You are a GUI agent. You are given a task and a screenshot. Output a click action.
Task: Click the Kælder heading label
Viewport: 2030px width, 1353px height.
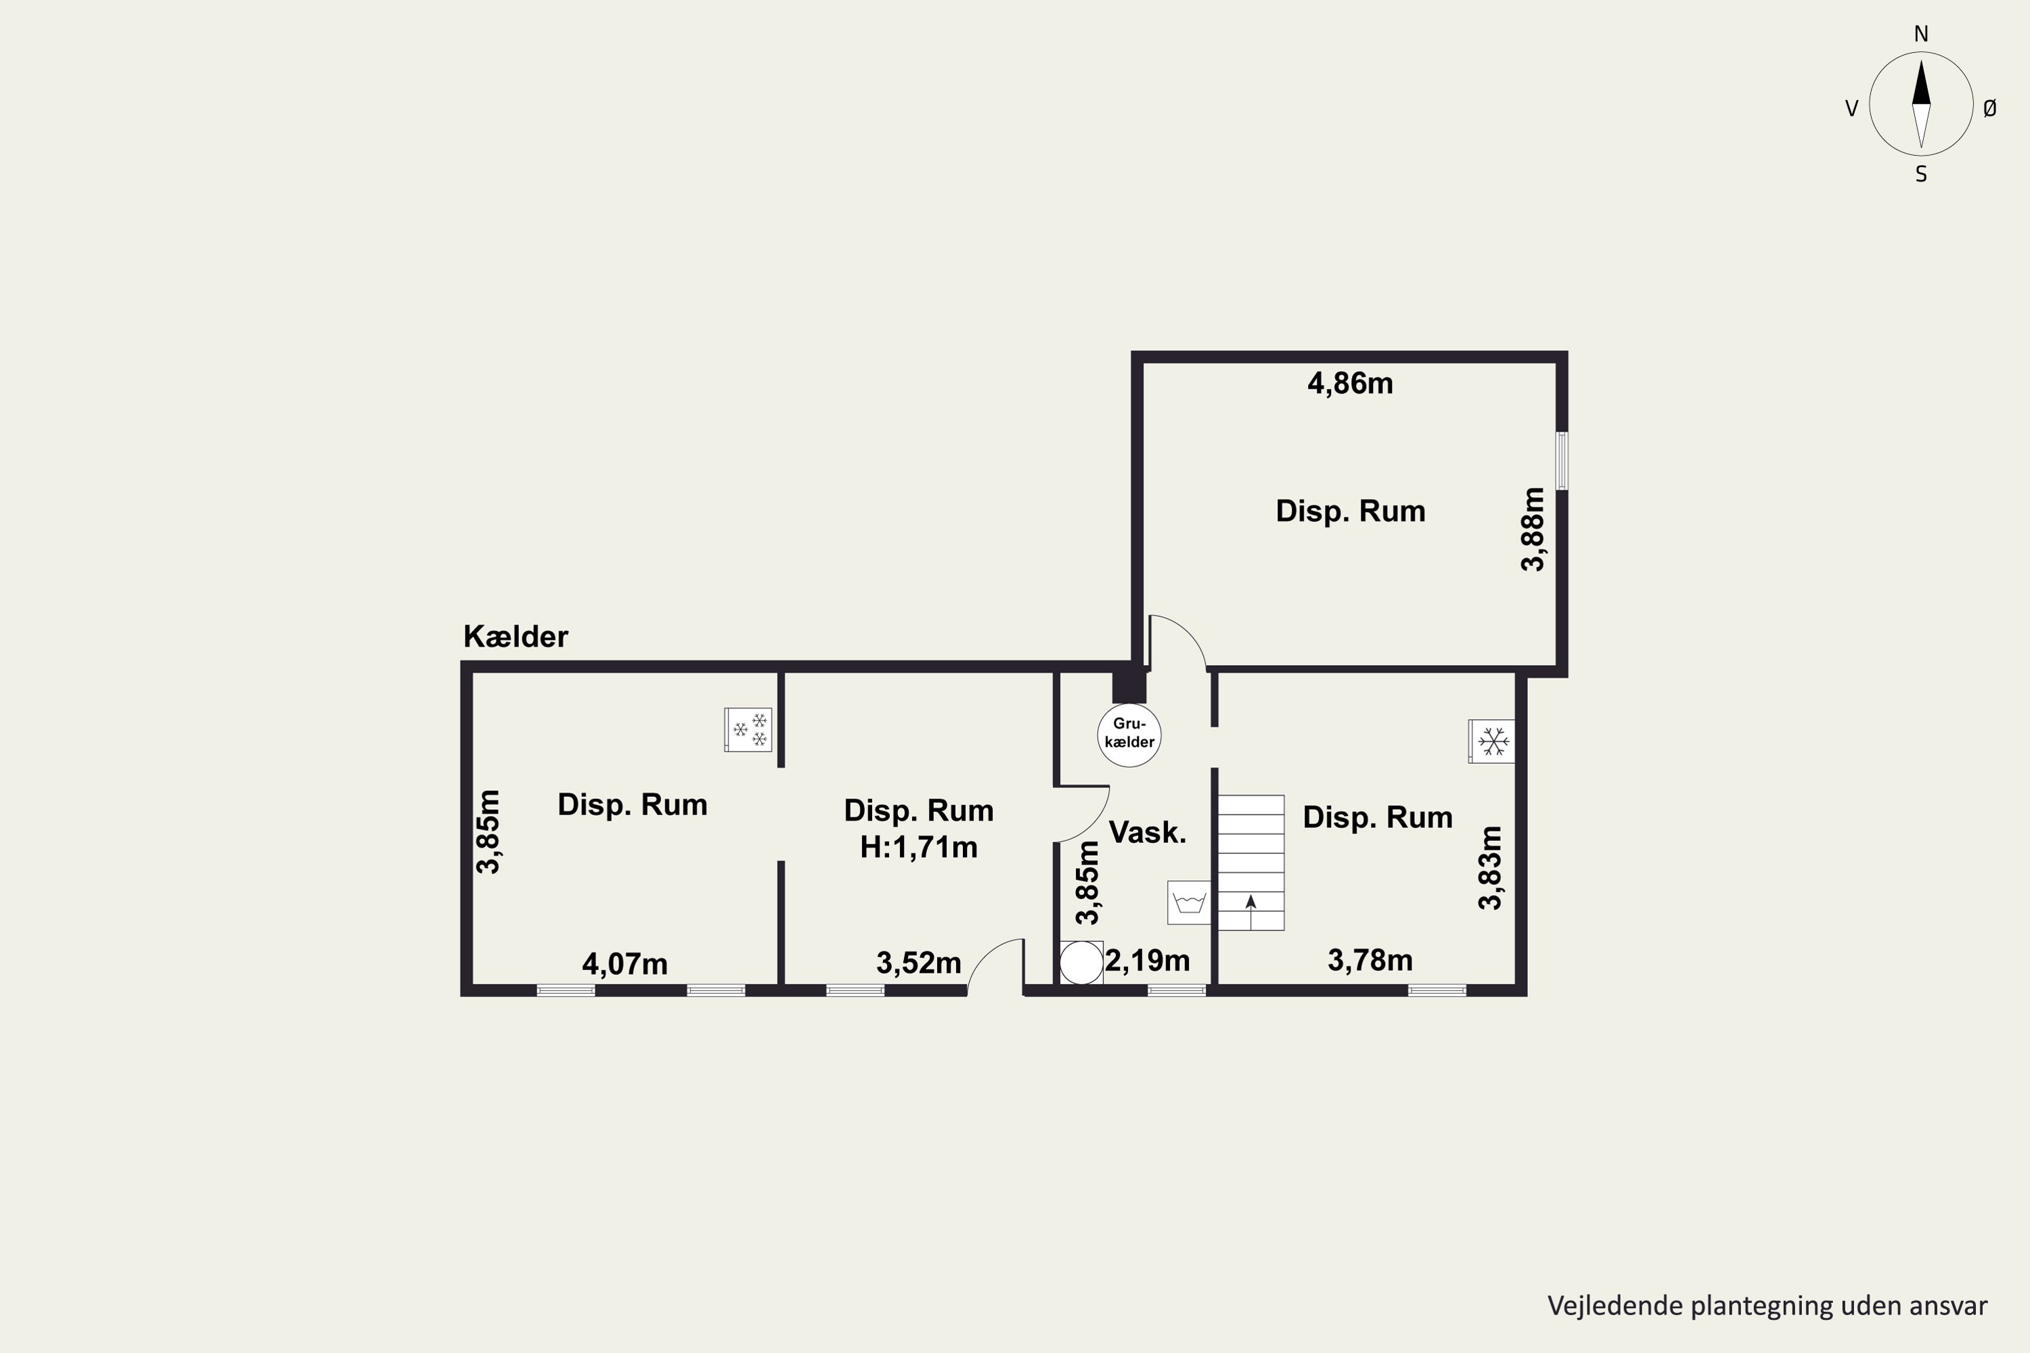point(515,637)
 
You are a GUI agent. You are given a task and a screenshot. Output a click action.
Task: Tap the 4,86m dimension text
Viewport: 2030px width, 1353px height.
point(1350,383)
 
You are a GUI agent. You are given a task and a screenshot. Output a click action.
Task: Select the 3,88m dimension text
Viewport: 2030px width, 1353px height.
point(1533,529)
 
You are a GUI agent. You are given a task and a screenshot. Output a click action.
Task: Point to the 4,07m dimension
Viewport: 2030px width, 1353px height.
point(625,964)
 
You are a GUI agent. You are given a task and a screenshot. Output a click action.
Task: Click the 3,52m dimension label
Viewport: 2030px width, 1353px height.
point(918,963)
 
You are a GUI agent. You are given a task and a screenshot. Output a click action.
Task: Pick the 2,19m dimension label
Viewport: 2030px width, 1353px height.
point(1147,961)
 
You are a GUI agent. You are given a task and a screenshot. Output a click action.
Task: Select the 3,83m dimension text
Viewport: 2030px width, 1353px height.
point(1491,868)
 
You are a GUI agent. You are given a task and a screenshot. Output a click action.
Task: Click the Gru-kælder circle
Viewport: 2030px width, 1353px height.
point(1129,735)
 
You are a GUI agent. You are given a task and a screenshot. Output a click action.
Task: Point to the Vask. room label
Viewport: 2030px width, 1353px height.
point(1147,832)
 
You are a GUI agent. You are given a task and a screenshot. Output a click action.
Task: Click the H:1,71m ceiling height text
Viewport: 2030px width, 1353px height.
point(918,848)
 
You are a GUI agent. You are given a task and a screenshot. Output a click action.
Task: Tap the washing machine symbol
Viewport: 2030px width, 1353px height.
point(1188,902)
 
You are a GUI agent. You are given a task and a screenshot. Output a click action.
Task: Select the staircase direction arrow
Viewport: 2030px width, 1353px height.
point(1250,912)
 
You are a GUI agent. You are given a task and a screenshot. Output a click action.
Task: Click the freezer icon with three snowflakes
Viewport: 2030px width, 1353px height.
point(748,729)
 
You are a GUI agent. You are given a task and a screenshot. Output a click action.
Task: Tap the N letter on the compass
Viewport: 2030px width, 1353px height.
point(1921,35)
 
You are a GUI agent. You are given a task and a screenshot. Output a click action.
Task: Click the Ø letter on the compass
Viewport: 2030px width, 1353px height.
point(1989,108)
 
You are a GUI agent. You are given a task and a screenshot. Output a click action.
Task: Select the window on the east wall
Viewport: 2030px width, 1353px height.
point(1561,461)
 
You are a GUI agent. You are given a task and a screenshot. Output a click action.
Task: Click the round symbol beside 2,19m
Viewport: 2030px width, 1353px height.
point(1081,963)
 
